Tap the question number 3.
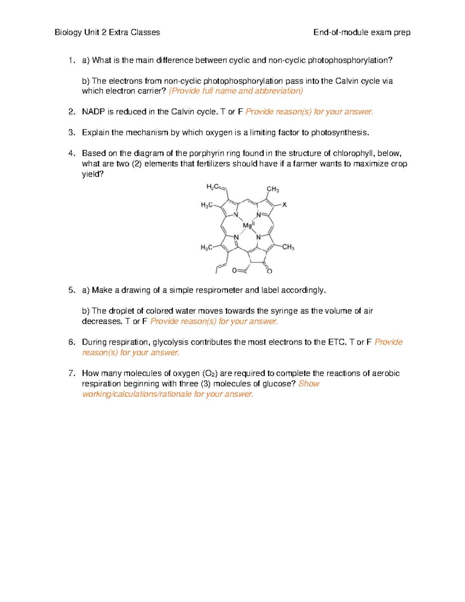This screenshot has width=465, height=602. coord(71,133)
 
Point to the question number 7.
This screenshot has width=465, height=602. coord(71,373)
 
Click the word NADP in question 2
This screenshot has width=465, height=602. coord(93,112)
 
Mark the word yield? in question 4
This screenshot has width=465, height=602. coord(93,174)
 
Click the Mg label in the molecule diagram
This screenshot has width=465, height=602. coord(248,225)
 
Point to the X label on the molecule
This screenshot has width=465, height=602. coord(284,205)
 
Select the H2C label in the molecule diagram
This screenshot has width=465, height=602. coord(212,187)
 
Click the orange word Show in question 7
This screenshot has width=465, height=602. coord(309,384)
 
